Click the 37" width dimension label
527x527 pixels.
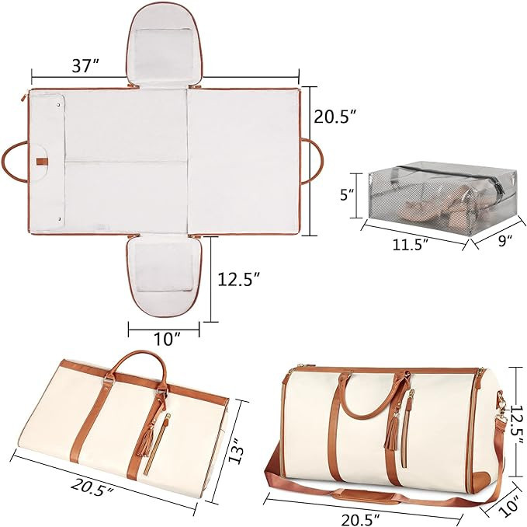tap(83, 66)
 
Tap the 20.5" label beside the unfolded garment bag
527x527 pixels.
tap(335, 117)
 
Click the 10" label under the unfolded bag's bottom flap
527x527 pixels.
tap(166, 337)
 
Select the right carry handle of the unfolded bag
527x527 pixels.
tap(314, 161)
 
